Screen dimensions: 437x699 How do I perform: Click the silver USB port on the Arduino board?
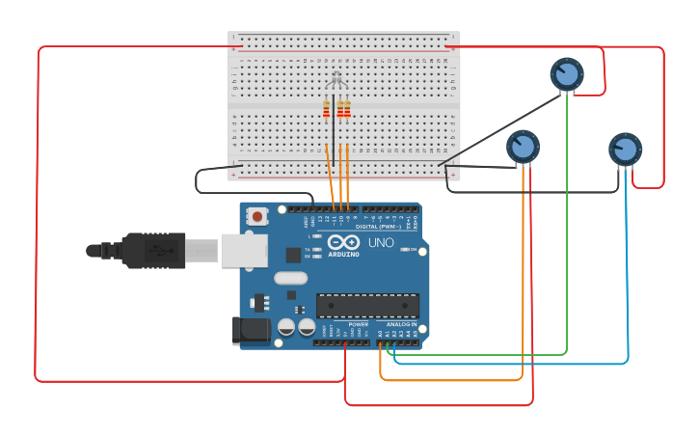(x=244, y=251)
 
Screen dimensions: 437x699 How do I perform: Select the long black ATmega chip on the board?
(x=367, y=306)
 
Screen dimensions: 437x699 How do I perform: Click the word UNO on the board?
(x=381, y=243)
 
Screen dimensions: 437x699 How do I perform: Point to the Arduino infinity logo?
(x=342, y=242)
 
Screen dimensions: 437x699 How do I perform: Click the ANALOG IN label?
(x=402, y=324)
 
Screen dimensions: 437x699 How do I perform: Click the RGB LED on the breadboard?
(x=336, y=79)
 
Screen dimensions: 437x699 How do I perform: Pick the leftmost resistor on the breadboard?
(x=327, y=108)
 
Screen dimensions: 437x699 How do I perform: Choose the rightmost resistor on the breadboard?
(x=347, y=108)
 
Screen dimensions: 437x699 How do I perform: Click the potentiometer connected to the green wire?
(x=567, y=73)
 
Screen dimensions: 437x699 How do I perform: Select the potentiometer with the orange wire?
(x=523, y=147)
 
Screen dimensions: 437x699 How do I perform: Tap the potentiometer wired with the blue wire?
(x=625, y=149)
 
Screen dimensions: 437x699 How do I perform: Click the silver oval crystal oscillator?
(x=290, y=279)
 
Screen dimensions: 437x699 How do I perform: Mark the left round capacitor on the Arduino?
(x=286, y=327)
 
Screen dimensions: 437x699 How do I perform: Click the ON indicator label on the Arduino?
(x=414, y=250)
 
